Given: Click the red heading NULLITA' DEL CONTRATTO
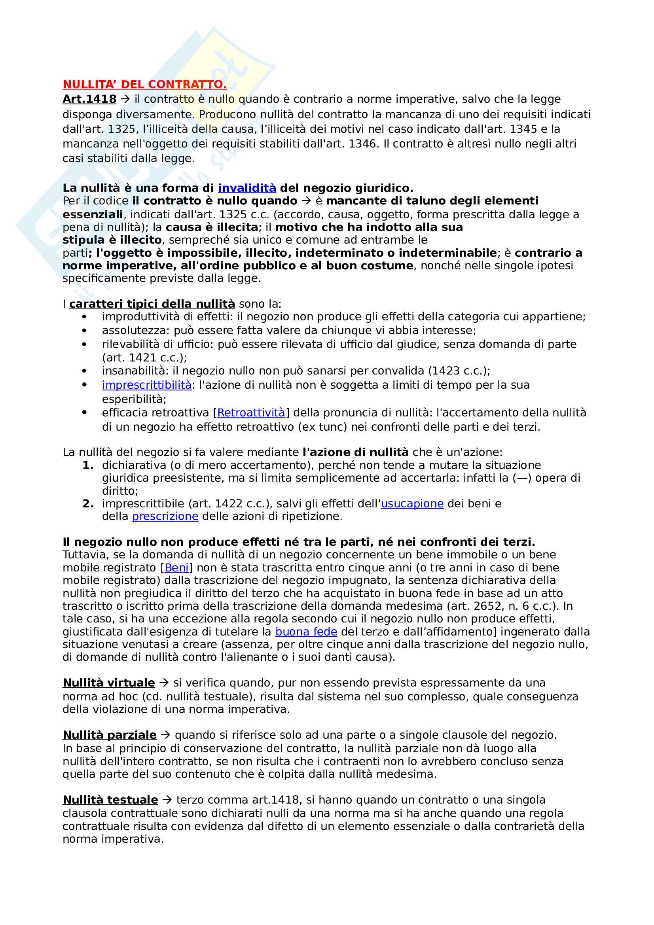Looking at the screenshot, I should click(x=144, y=85).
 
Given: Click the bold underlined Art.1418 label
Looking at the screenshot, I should click(x=89, y=99).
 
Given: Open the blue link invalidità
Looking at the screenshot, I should click(x=246, y=188).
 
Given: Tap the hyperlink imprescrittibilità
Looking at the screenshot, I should click(x=147, y=385).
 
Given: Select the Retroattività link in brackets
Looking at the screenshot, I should click(x=251, y=413).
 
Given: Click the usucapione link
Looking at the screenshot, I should click(x=412, y=504).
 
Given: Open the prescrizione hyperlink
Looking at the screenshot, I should click(x=165, y=516).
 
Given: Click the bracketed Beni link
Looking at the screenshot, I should click(x=176, y=567).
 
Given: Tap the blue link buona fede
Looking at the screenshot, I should click(x=306, y=632).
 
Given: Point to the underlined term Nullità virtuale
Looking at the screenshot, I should click(x=108, y=683).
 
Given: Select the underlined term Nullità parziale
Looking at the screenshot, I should click(x=109, y=735).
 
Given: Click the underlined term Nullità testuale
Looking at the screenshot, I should click(x=110, y=800).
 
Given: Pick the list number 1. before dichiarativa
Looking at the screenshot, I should click(x=88, y=465).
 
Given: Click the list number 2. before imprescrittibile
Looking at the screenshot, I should click(x=88, y=504).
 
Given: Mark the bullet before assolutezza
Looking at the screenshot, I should click(x=84, y=331).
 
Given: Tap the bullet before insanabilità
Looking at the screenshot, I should click(x=84, y=371).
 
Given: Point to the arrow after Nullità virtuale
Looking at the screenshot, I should click(x=164, y=683).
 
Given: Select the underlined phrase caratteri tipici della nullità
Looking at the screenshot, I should click(x=152, y=304).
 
